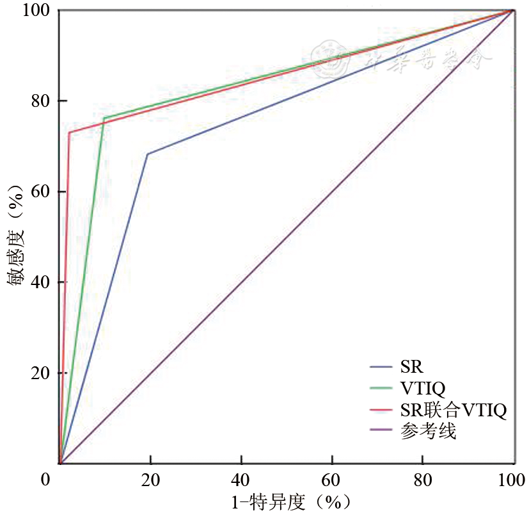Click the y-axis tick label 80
[x=40, y=101]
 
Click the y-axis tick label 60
[x=40, y=191]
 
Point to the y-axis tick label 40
[x=40, y=282]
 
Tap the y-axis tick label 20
[x=40, y=373]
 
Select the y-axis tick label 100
[x=36, y=11]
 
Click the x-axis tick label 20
[x=150, y=480]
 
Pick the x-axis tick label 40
[x=241, y=480]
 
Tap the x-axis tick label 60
[x=332, y=480]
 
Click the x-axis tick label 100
[x=511, y=480]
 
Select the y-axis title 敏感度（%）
[x=17, y=236]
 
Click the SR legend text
[x=412, y=367]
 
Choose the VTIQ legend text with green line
[x=422, y=388]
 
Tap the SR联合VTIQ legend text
[x=453, y=410]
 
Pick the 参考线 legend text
[x=428, y=432]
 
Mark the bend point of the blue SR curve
[x=148, y=154]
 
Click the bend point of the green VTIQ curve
[x=104, y=118]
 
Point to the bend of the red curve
[x=69, y=133]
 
